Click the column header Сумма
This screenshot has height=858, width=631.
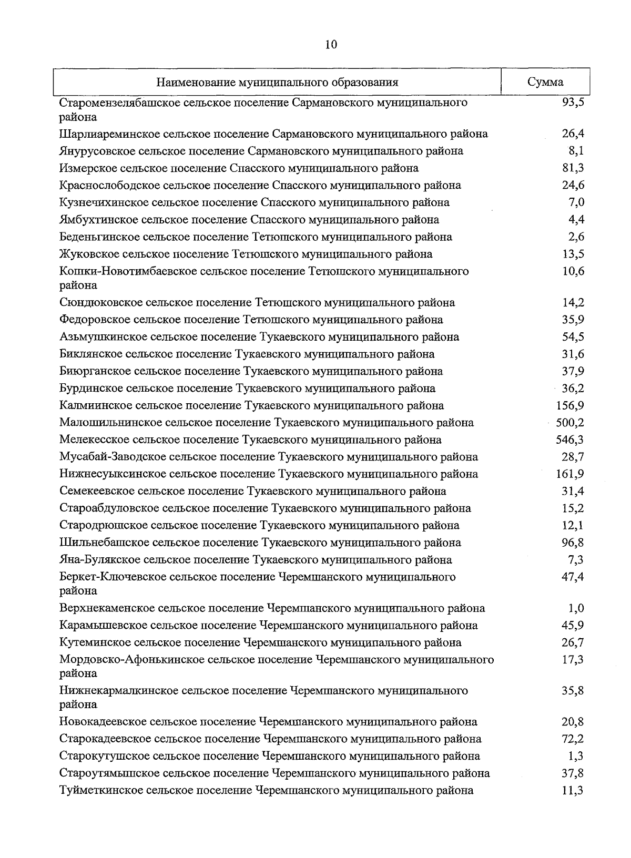[545, 82]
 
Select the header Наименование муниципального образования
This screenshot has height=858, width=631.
[277, 83]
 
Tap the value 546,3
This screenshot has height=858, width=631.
[570, 440]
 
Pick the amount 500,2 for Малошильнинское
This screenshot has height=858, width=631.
[570, 423]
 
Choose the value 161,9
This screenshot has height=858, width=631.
[570, 474]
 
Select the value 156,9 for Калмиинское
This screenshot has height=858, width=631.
[570, 405]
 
